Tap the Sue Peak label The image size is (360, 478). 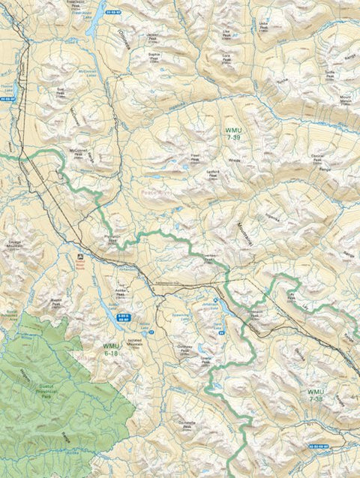click(61, 91)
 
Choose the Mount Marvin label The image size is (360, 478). click(346, 98)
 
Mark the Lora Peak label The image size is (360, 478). click(224, 56)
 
